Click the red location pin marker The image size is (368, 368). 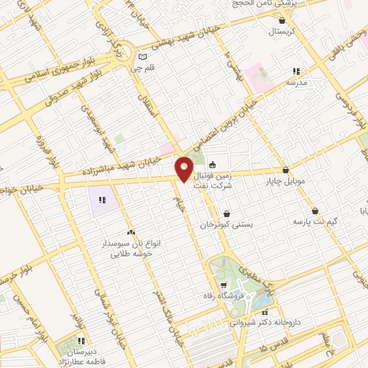(184, 170)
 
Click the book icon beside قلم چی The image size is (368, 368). (143, 56)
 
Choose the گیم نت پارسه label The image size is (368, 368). (314, 222)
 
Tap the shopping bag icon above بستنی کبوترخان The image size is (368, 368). (227, 213)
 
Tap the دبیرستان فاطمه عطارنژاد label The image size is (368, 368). (82, 356)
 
